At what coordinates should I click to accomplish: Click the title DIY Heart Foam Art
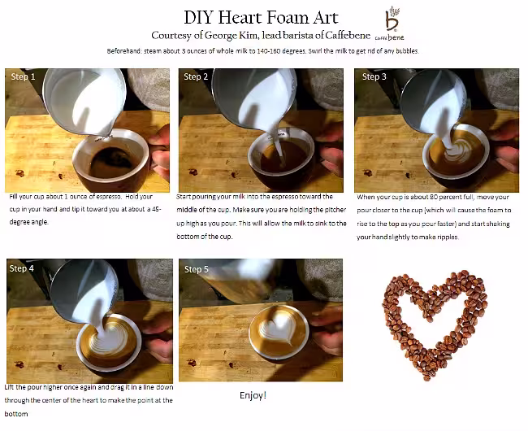pos(262,16)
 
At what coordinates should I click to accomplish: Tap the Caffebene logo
pos(394,25)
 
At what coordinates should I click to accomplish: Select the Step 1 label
pos(23,76)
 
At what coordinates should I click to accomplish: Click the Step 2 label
pos(197,76)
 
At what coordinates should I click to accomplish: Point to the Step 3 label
pos(374,76)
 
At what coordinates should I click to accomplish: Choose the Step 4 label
pos(22,268)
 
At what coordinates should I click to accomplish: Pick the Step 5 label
pos(197,269)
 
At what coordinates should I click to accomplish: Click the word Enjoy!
pos(253,395)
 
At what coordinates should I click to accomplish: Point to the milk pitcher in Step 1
pos(81,98)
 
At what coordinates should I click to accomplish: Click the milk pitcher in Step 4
pos(81,289)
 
